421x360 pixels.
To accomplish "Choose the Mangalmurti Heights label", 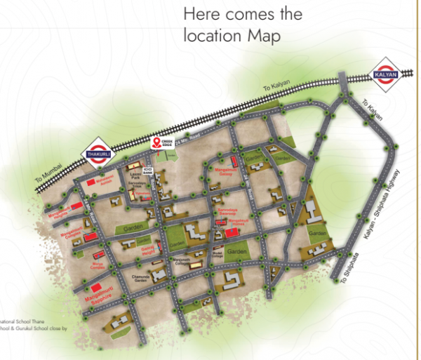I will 59,209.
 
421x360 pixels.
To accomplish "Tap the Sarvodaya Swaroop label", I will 229,211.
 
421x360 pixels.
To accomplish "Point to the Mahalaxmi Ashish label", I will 103,182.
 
